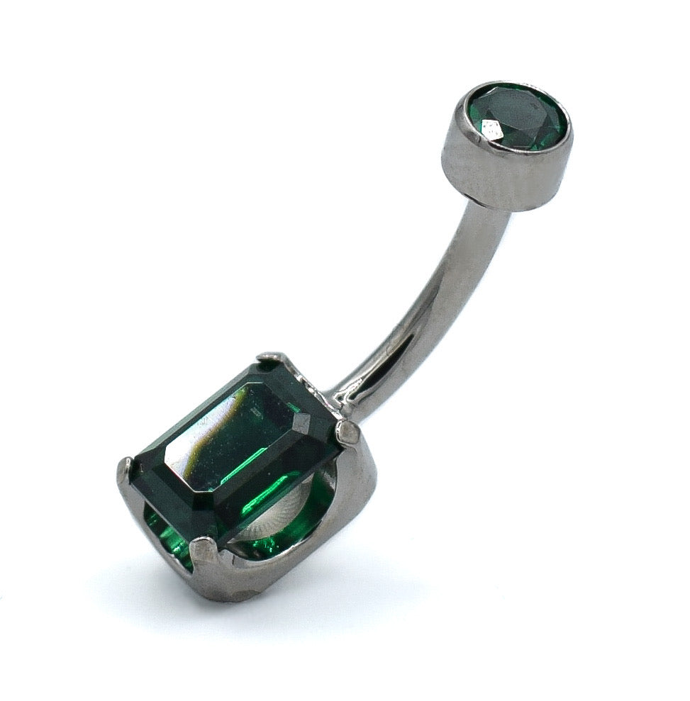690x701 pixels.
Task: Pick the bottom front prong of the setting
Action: (x=204, y=549)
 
